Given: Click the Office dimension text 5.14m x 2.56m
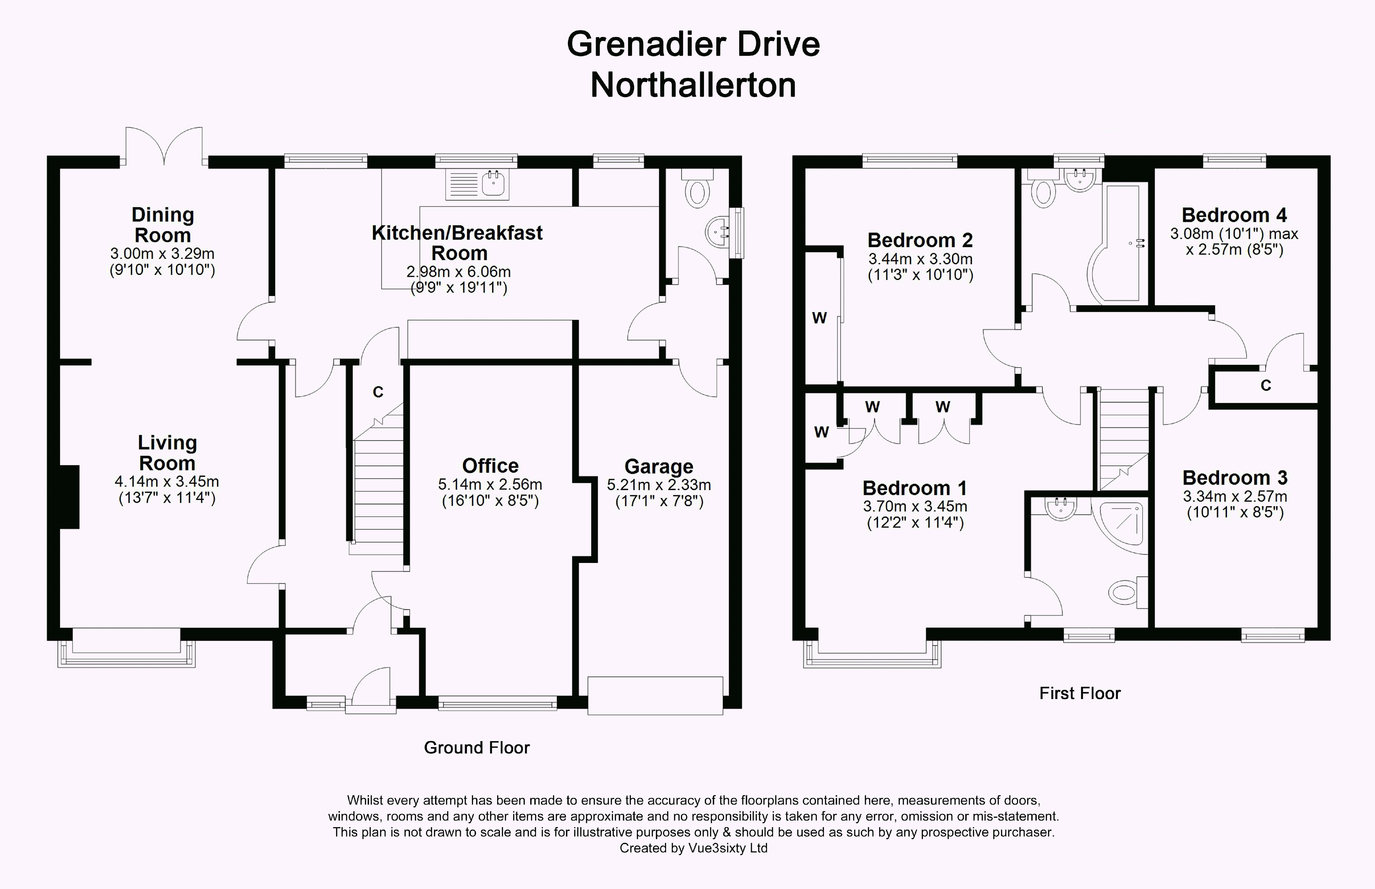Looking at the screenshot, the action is [x=490, y=484].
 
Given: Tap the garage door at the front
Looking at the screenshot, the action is [x=655, y=695].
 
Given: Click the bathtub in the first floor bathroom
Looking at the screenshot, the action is [x=1117, y=242].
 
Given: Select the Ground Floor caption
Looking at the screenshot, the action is [x=476, y=748].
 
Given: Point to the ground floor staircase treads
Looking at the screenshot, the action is [x=378, y=491].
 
